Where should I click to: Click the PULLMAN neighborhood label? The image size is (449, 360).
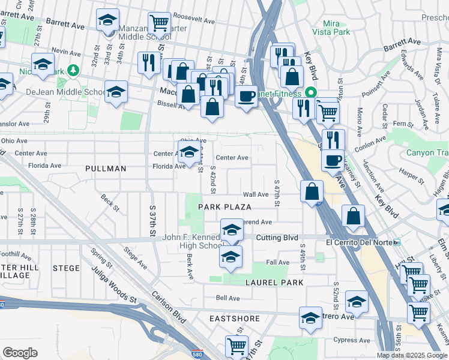tap(106, 169)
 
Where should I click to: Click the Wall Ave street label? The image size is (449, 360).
tap(255, 195)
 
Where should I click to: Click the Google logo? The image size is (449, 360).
tap(20, 353)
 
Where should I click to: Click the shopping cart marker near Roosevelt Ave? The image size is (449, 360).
tap(159, 23)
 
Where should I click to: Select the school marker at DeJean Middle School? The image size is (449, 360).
tap(116, 92)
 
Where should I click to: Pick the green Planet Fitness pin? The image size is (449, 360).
tap(310, 93)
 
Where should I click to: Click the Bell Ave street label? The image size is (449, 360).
tap(228, 298)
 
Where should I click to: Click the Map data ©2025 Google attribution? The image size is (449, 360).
tap(412, 355)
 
